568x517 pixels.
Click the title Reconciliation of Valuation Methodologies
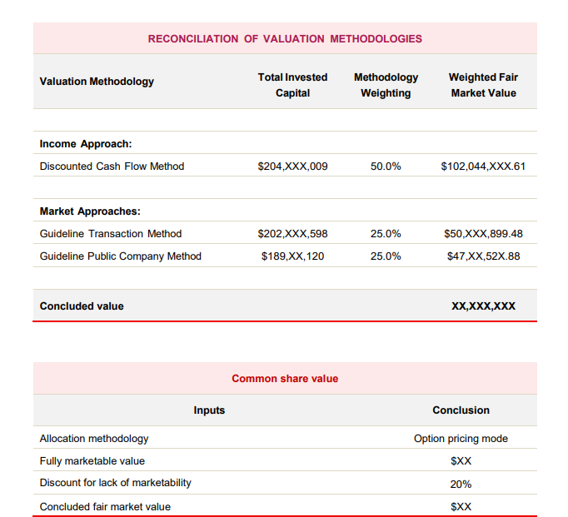(285, 38)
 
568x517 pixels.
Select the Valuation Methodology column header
(97, 82)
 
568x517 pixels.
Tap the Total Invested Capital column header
(292, 85)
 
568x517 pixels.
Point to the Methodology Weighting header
(386, 85)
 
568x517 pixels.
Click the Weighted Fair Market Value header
(483, 85)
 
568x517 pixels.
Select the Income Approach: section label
(86, 144)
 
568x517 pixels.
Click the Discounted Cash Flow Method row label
(112, 167)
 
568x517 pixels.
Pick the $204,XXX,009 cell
(292, 167)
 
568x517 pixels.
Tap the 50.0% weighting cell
(386, 167)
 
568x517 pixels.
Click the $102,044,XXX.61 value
(483, 167)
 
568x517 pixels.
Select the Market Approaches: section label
(90, 211)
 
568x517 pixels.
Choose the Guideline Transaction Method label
(111, 234)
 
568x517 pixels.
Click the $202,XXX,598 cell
(292, 234)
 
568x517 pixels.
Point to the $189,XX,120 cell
(292, 256)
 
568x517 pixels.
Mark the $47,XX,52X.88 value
(483, 256)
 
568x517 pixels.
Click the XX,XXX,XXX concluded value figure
(483, 306)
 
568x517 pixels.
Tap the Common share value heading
(285, 379)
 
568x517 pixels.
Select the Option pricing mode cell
(461, 439)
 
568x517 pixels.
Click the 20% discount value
(461, 484)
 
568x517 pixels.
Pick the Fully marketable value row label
(92, 461)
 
